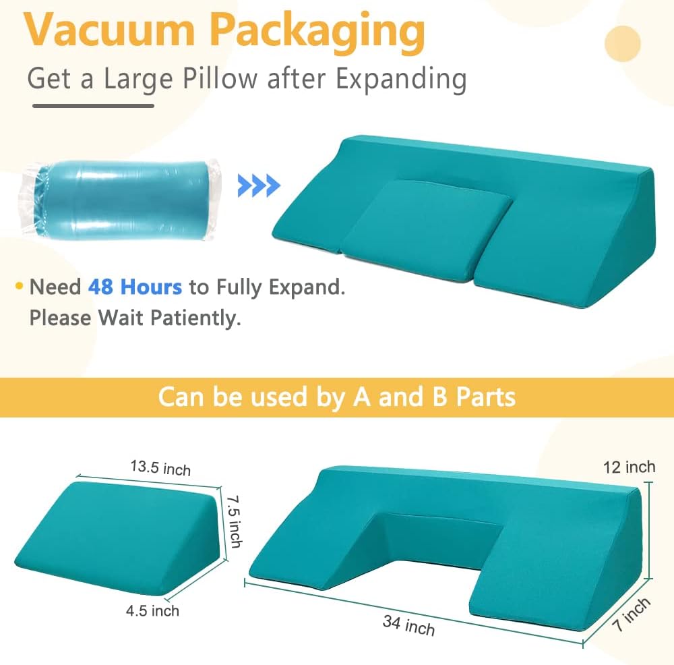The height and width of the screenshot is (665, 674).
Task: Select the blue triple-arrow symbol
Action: tap(259, 185)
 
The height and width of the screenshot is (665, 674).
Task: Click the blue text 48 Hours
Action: tap(135, 287)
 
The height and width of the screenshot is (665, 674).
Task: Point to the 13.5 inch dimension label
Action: tap(160, 468)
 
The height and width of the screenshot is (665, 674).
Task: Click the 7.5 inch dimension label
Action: tap(233, 521)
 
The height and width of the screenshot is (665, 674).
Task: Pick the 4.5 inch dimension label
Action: tap(152, 611)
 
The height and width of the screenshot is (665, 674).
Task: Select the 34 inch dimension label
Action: tap(408, 625)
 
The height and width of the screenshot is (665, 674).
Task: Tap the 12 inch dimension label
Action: tap(630, 467)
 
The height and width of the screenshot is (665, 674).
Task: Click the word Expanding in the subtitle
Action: tap(401, 80)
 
